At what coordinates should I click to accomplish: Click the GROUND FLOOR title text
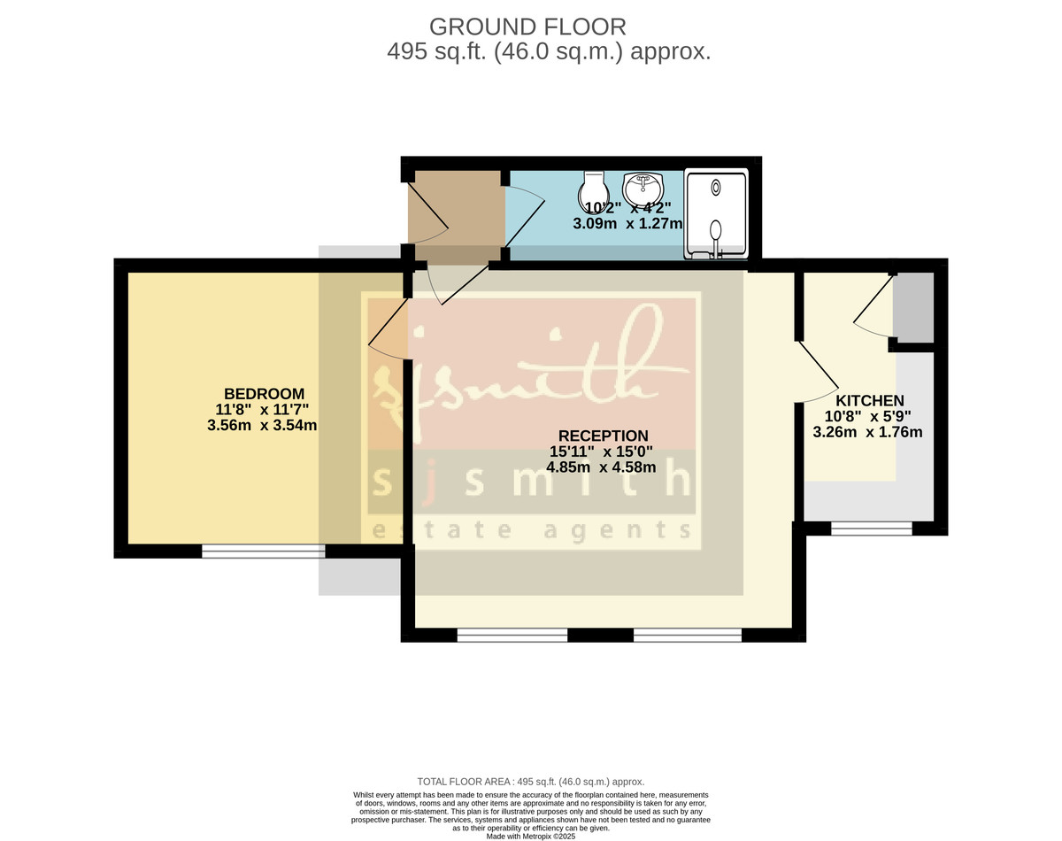coord(527,26)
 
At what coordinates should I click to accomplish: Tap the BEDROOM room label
coord(264,393)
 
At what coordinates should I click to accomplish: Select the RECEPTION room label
coord(603,436)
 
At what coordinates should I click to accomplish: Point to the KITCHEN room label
coord(870,400)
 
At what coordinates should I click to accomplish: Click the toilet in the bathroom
coord(593,189)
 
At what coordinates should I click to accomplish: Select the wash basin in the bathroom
coord(643,189)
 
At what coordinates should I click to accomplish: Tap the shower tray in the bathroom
coord(715,214)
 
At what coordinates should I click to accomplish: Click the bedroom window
coord(264,551)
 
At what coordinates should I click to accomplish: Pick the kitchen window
coord(871,529)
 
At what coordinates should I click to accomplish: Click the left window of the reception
coord(512,635)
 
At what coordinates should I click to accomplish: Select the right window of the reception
coord(688,635)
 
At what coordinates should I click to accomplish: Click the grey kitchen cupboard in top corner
coord(914,307)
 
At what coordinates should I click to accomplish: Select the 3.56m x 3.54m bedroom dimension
coord(262,425)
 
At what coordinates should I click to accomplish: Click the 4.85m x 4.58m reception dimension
coord(601,467)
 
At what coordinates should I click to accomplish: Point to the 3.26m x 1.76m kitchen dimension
coord(867,432)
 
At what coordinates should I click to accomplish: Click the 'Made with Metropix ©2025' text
coord(530,836)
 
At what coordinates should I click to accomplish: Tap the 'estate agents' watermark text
coord(531,529)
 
